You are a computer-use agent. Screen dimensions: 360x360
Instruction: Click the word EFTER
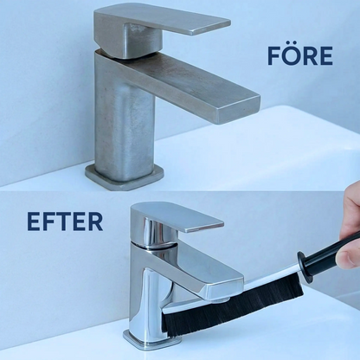65,222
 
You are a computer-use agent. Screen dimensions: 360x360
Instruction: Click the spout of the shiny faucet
196,274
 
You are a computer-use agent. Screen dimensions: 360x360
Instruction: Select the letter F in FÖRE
273,55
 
